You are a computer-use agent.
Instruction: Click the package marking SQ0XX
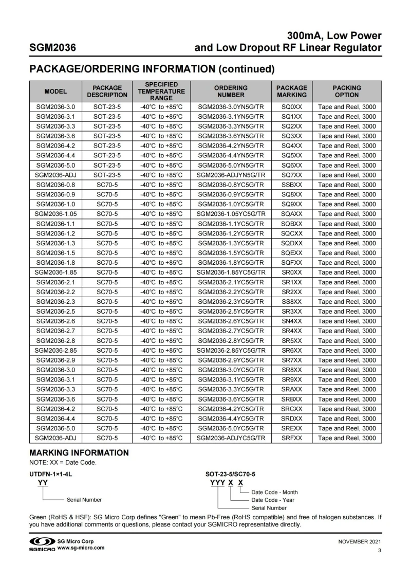point(292,107)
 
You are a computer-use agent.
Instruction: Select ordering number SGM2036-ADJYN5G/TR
point(231,175)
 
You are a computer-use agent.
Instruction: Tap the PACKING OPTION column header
point(347,92)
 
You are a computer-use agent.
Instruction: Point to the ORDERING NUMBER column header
point(231,92)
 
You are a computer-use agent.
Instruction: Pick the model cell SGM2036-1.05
point(55,214)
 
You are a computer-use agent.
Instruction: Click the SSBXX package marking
point(292,185)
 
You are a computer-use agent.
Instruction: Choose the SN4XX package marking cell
point(292,321)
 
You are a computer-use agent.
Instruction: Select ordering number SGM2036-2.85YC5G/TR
point(231,351)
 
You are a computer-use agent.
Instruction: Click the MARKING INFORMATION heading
point(79,453)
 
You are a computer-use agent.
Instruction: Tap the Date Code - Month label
point(274,492)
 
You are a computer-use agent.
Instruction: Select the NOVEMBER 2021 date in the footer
point(360,541)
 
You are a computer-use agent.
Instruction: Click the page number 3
point(379,551)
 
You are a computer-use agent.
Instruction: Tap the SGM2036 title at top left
point(53,48)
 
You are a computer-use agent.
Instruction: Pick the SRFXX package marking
point(292,438)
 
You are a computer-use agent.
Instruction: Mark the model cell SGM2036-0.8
point(55,185)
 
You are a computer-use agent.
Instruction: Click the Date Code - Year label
point(272,500)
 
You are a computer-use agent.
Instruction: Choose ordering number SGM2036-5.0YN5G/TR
point(231,166)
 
